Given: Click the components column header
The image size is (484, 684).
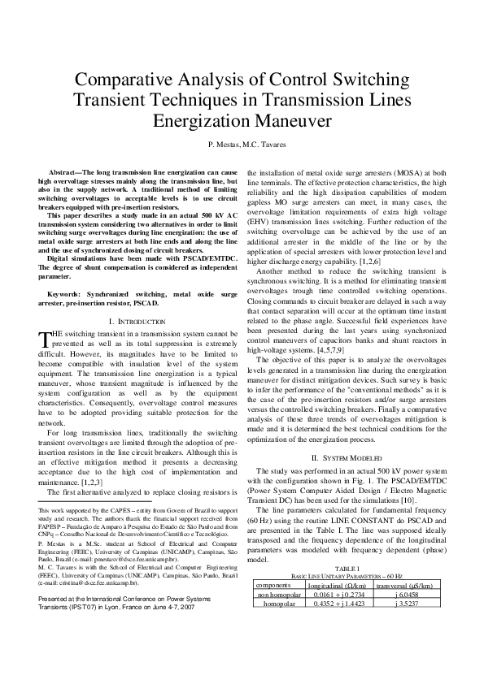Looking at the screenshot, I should [x=276, y=584].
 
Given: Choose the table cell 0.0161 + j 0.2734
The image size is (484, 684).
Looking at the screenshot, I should [x=335, y=594].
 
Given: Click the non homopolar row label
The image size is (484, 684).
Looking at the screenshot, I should [x=276, y=594].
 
